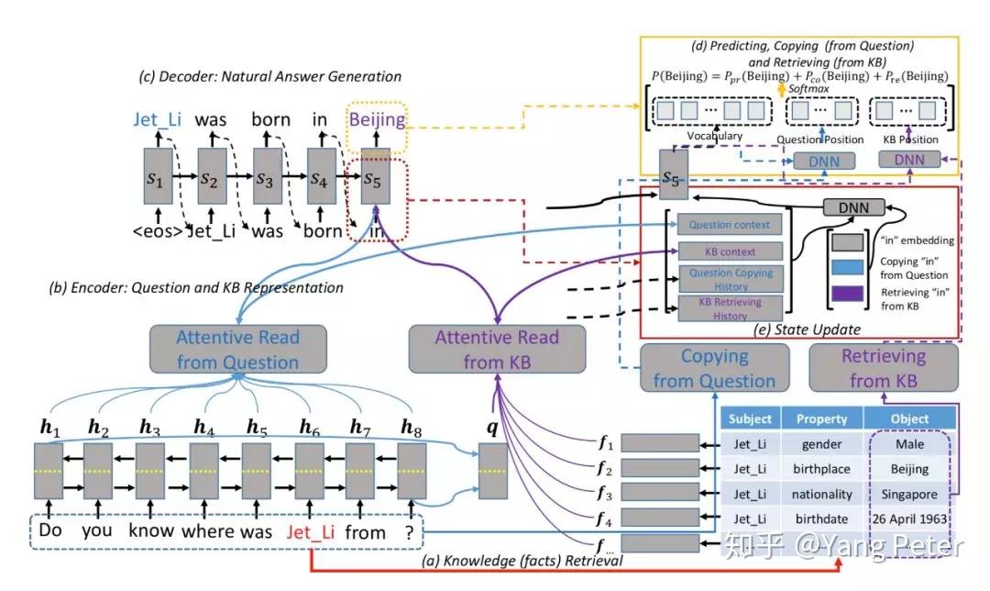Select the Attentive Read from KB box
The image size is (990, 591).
(x=496, y=350)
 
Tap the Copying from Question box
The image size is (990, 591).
(x=714, y=368)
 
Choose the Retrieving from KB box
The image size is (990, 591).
(x=884, y=368)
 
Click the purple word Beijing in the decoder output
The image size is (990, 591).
(x=376, y=120)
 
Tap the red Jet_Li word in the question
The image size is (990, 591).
(x=312, y=531)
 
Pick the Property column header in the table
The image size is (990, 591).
(x=821, y=418)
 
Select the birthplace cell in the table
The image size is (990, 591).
(x=821, y=469)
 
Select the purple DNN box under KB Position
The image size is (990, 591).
(x=909, y=160)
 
